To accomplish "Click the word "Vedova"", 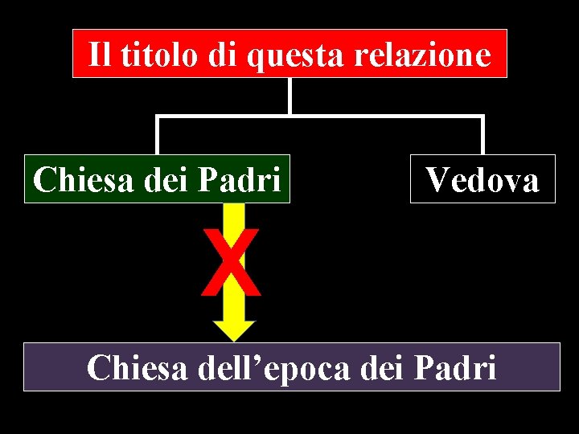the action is pyautogui.click(x=482, y=179).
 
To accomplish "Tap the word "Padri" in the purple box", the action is pyautogui.click(x=455, y=368).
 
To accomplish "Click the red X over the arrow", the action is pyautogui.click(x=232, y=261).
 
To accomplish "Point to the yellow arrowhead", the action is pyautogui.click(x=234, y=330).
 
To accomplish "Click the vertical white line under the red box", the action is pyautogui.click(x=289, y=96).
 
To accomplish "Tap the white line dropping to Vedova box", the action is pyautogui.click(x=482, y=135).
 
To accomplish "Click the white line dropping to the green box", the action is pyautogui.click(x=158, y=135).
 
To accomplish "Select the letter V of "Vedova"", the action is pyautogui.click(x=438, y=179).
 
